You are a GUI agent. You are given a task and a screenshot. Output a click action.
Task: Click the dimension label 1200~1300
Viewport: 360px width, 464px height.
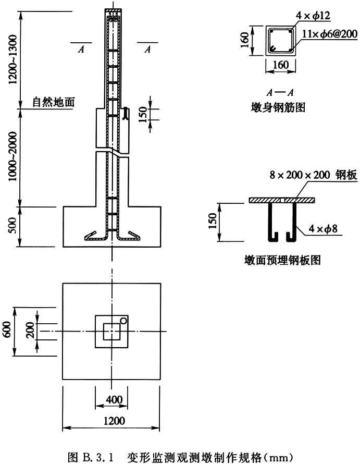click(x=13, y=59)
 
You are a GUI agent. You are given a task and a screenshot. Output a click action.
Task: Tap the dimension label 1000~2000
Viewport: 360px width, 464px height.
click(x=13, y=157)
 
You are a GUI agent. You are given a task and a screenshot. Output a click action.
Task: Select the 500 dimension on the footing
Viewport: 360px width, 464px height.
click(x=13, y=226)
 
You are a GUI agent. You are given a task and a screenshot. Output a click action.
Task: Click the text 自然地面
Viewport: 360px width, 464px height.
click(x=54, y=102)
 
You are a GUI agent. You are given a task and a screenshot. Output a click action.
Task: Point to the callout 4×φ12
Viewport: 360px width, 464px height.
click(x=313, y=15)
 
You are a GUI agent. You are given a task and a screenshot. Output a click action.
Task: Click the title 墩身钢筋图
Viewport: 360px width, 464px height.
click(x=278, y=107)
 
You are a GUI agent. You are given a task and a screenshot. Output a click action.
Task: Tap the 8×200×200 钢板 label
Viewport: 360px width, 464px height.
click(x=313, y=175)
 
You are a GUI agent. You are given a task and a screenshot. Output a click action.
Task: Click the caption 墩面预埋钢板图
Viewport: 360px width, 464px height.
click(x=282, y=260)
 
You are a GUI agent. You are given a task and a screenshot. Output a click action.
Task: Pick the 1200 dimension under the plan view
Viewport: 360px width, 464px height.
click(x=114, y=421)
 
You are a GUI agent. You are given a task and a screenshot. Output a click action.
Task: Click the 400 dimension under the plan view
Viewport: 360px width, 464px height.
click(x=114, y=400)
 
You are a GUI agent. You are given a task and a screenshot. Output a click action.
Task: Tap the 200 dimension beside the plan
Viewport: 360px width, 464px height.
click(x=30, y=331)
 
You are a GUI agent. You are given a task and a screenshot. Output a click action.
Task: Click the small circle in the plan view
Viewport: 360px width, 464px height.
click(x=123, y=321)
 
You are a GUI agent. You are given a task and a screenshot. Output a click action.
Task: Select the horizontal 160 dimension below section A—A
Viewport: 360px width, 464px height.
click(x=280, y=65)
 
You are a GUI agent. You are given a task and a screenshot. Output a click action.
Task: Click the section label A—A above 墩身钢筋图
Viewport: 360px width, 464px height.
click(x=280, y=93)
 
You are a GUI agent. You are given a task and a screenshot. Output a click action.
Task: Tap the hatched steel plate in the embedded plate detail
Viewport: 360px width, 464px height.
click(x=282, y=200)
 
